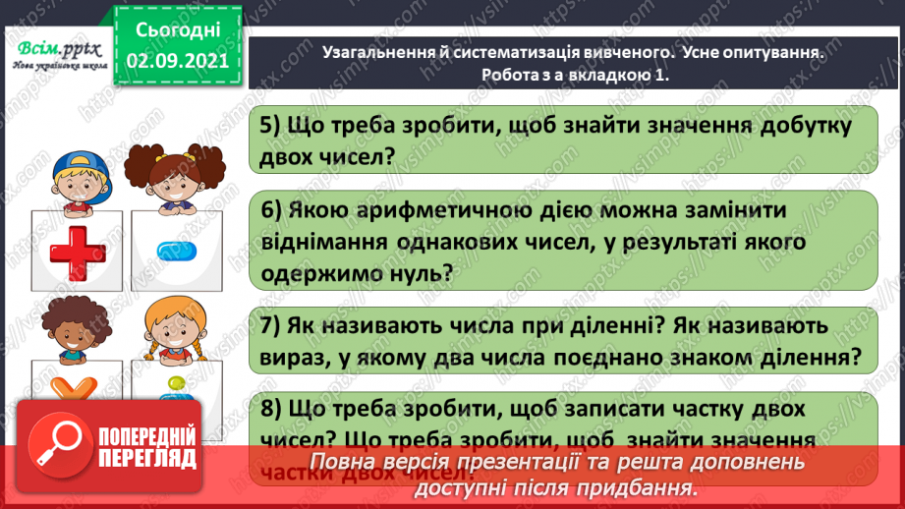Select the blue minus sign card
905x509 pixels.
[x=176, y=251]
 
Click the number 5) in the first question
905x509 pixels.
[x=272, y=127]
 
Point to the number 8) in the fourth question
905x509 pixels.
[x=273, y=409]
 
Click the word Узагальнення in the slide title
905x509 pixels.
[x=379, y=56]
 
